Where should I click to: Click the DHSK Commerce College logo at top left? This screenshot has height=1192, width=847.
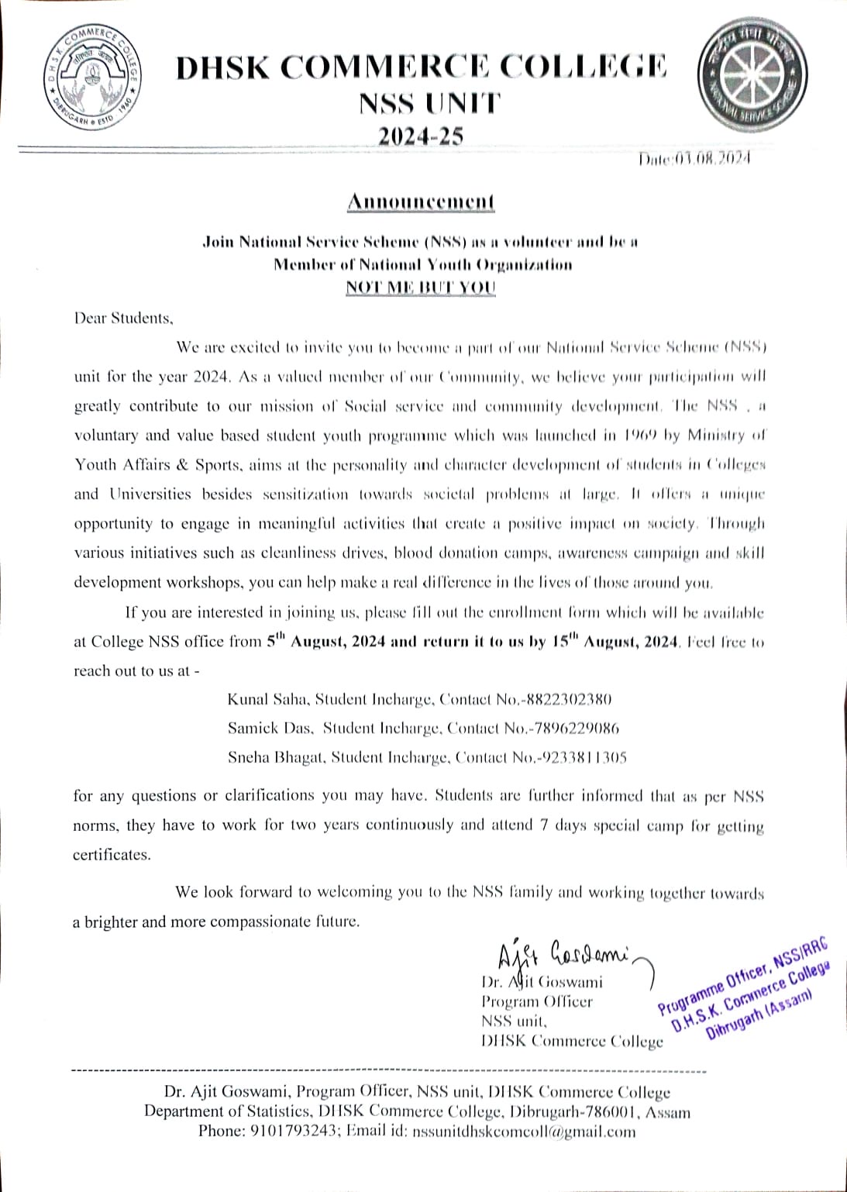click(x=91, y=76)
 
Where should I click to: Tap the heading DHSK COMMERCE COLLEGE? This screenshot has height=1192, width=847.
click(x=421, y=67)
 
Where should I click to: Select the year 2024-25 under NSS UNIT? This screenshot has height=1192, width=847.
click(x=421, y=136)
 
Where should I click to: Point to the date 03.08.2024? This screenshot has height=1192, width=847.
click(x=711, y=159)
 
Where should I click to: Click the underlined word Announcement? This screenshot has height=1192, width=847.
click(x=421, y=202)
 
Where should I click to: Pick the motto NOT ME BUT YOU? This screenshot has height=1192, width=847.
click(x=421, y=287)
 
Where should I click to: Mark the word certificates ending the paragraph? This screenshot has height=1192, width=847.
click(x=112, y=855)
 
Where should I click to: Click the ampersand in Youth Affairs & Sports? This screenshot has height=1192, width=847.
click(x=183, y=465)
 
